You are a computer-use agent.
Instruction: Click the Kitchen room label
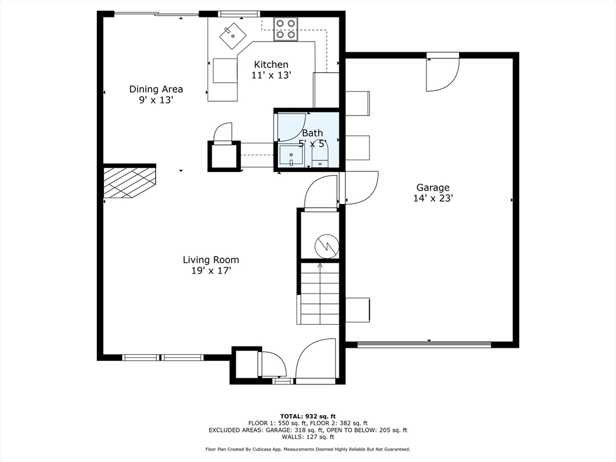(x=271, y=64)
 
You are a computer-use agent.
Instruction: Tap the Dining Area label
(x=156, y=89)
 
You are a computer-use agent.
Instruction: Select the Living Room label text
(x=211, y=260)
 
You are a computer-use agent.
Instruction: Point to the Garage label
(x=433, y=188)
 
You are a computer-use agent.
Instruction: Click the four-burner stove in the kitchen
(x=286, y=29)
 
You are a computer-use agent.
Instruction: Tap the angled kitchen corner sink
(x=233, y=34)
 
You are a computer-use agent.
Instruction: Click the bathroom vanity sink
(x=291, y=156)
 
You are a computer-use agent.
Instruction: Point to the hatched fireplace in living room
(x=129, y=182)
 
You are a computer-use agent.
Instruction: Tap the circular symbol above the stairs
(x=327, y=246)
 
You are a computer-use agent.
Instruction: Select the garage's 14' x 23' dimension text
(x=433, y=199)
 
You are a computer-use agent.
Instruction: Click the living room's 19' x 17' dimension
(x=211, y=271)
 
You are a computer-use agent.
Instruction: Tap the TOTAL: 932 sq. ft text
(x=308, y=416)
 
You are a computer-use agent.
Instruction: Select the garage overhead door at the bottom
(x=424, y=345)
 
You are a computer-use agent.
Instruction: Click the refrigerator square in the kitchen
(x=225, y=70)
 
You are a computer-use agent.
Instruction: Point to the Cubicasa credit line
(x=307, y=449)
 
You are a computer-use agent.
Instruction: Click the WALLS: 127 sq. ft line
(x=307, y=437)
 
